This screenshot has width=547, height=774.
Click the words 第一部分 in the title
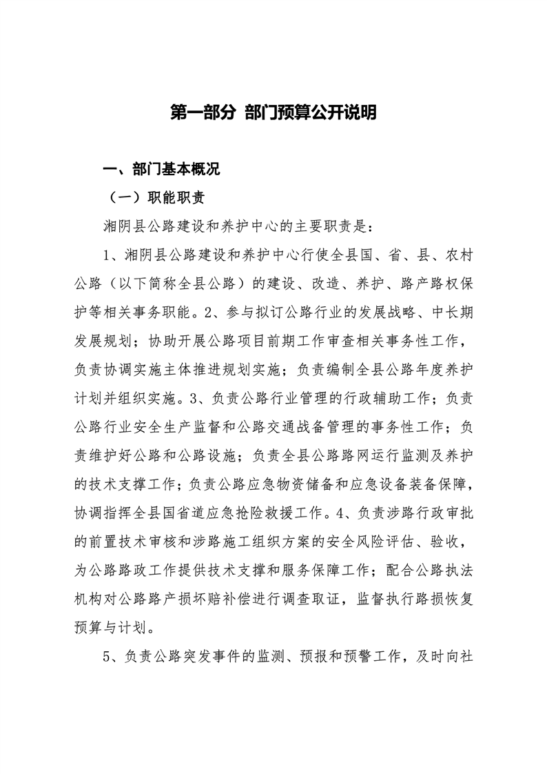tap(203, 113)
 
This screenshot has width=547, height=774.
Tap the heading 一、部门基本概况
tap(160, 170)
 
